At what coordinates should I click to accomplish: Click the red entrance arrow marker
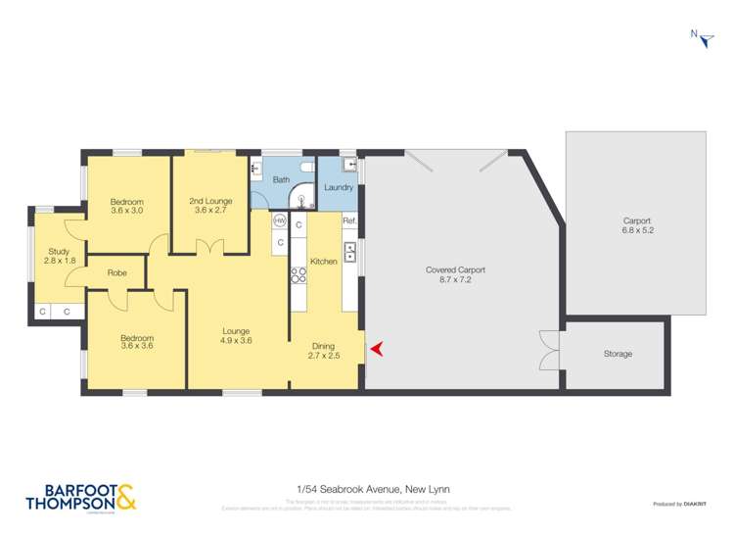pos(375,347)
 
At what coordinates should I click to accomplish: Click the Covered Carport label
pos(455,269)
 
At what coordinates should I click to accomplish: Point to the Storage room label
pos(618,354)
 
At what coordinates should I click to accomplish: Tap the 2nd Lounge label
pos(210,201)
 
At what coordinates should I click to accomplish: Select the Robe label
pos(117,273)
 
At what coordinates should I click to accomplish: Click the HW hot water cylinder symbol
pos(279,221)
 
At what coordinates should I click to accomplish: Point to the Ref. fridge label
pos(349,221)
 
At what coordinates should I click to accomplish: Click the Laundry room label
pos(338,187)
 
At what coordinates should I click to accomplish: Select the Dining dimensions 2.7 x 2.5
pos(324,356)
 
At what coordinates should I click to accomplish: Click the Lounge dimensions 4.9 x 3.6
pos(237,341)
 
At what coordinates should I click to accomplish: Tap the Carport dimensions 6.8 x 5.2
pos(637,231)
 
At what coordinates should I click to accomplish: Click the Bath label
pos(281,179)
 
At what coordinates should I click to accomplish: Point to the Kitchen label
pos(324,262)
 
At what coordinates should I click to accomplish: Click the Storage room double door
pos(548,350)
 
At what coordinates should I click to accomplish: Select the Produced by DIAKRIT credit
pos(679,504)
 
